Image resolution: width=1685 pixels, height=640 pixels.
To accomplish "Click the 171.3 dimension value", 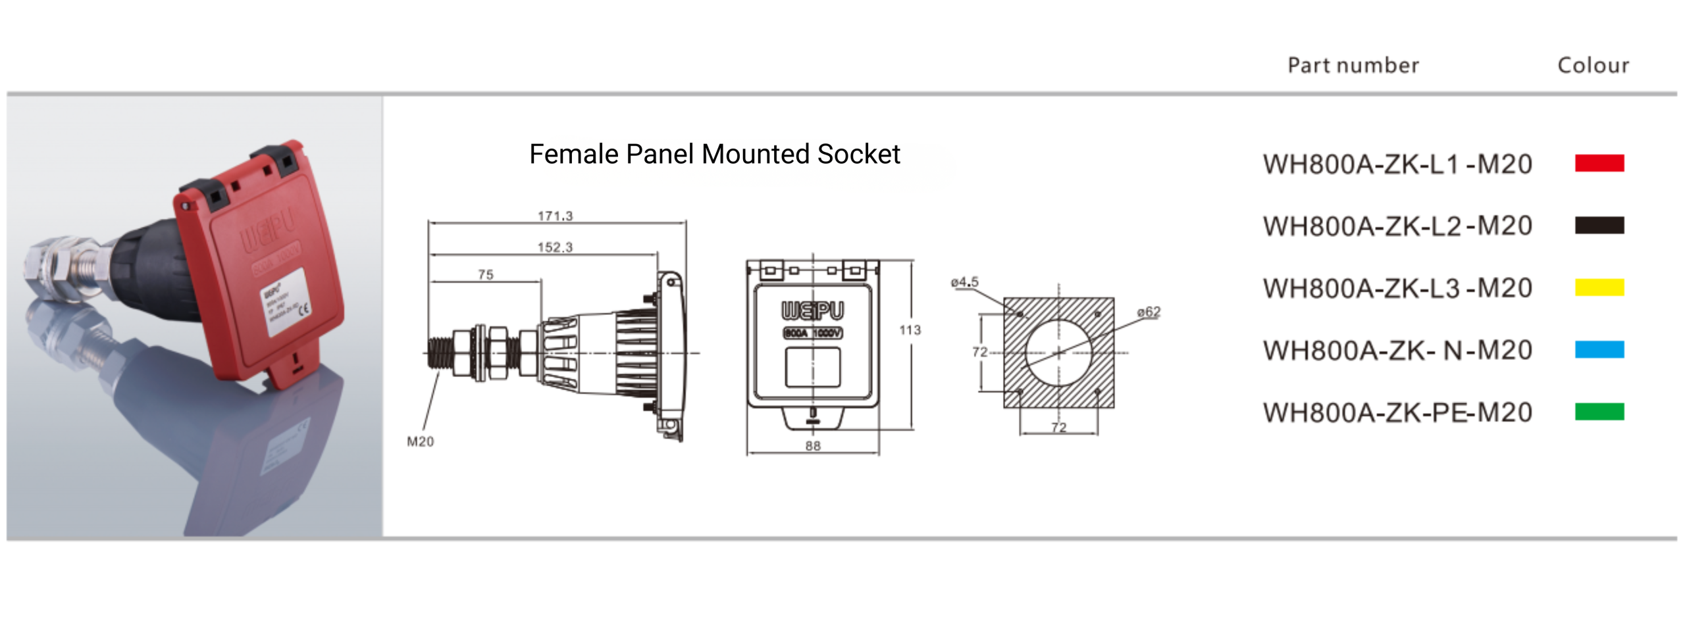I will pyautogui.click(x=555, y=216).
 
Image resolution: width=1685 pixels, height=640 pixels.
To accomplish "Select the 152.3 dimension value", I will pyautogui.click(x=555, y=247).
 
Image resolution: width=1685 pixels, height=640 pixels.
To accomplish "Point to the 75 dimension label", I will pyautogui.click(x=485, y=275).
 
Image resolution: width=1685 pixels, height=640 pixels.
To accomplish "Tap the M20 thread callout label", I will pyautogui.click(x=420, y=442).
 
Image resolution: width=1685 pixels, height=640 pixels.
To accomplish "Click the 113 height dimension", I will pyautogui.click(x=910, y=330).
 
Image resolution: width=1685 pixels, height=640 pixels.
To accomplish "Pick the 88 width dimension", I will pyautogui.click(x=813, y=446).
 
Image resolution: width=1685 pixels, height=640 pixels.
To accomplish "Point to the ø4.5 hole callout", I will pyautogui.click(x=964, y=282).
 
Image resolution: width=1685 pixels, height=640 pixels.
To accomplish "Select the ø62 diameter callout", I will pyautogui.click(x=1149, y=312).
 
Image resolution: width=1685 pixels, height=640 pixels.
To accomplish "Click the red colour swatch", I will pyautogui.click(x=1599, y=163).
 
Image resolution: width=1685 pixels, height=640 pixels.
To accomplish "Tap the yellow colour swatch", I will pyautogui.click(x=1599, y=287).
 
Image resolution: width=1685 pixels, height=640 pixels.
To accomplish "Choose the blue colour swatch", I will pyautogui.click(x=1599, y=349).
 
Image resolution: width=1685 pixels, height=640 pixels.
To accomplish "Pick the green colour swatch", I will pyautogui.click(x=1599, y=412).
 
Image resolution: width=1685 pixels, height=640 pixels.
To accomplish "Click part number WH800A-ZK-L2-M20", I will pyautogui.click(x=1397, y=226).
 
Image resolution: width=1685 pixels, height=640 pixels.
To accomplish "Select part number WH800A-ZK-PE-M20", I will pyautogui.click(x=1397, y=413).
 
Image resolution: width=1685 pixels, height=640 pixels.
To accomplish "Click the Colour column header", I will pyautogui.click(x=1593, y=65).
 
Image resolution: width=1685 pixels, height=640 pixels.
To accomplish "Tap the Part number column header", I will pyautogui.click(x=1353, y=65).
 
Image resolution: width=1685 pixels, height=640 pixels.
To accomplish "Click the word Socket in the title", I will pyautogui.click(x=858, y=155).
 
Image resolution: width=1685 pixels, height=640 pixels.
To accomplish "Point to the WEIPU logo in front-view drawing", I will pyautogui.click(x=812, y=310).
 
